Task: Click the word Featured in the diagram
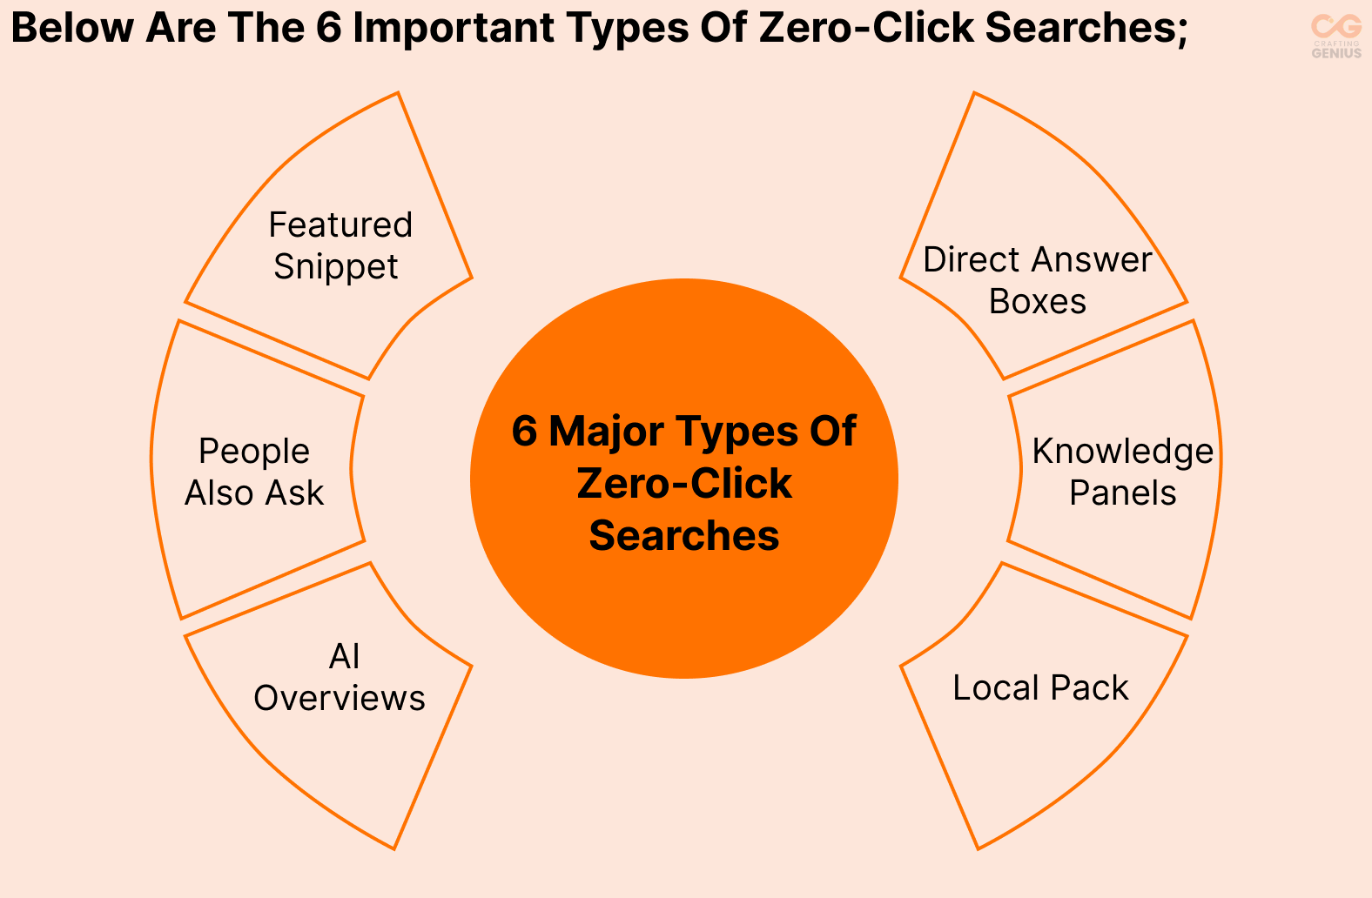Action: (340, 225)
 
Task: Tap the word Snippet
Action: (336, 267)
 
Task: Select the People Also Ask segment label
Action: (254, 472)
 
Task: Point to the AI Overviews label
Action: (340, 677)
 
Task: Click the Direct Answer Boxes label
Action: (1037, 280)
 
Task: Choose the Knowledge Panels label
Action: (1122, 472)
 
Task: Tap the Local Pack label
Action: (1040, 688)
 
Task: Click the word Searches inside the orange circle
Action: (684, 536)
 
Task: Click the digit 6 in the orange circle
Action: (524, 432)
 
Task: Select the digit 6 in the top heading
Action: (328, 29)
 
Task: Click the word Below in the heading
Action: (72, 29)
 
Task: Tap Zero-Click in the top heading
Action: (867, 29)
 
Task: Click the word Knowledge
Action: (1122, 452)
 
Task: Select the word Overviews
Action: (340, 699)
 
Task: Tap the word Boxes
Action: (1037, 302)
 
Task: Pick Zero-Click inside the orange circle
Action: (684, 484)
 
